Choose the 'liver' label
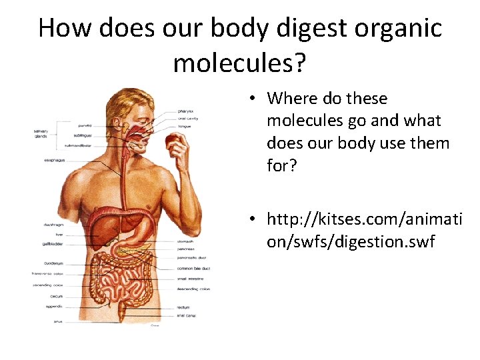[59, 235]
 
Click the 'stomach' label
[185, 241]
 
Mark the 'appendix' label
[55, 306]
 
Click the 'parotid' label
[84, 125]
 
